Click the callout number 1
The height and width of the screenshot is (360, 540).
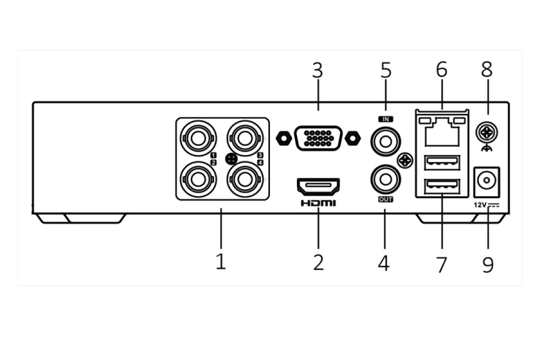220,261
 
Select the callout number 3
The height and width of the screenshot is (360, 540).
318,71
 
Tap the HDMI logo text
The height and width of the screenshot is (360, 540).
318,203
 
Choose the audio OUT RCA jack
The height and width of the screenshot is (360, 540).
385,179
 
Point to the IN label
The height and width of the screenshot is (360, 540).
386,119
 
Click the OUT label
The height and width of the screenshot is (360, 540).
386,199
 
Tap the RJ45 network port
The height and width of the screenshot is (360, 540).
441,131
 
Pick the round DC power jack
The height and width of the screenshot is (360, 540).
486,181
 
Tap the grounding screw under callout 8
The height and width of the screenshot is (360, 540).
487,132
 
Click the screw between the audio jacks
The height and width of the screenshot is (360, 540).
405,160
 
